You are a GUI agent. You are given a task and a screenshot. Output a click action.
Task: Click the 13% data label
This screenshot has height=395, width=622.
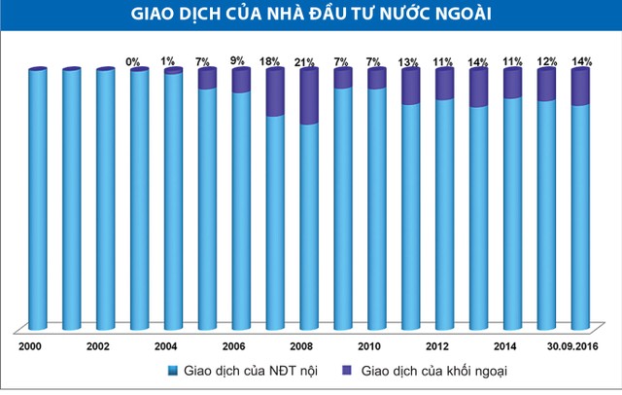tap(410, 61)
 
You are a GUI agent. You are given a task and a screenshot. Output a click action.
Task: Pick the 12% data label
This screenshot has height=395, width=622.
tap(546, 61)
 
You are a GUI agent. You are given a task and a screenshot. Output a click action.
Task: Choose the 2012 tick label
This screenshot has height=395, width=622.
tap(437, 345)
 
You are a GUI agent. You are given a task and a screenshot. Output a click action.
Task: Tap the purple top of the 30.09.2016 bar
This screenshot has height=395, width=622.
tap(580, 88)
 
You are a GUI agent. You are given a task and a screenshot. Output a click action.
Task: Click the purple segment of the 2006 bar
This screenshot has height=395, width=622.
tap(241, 81)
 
